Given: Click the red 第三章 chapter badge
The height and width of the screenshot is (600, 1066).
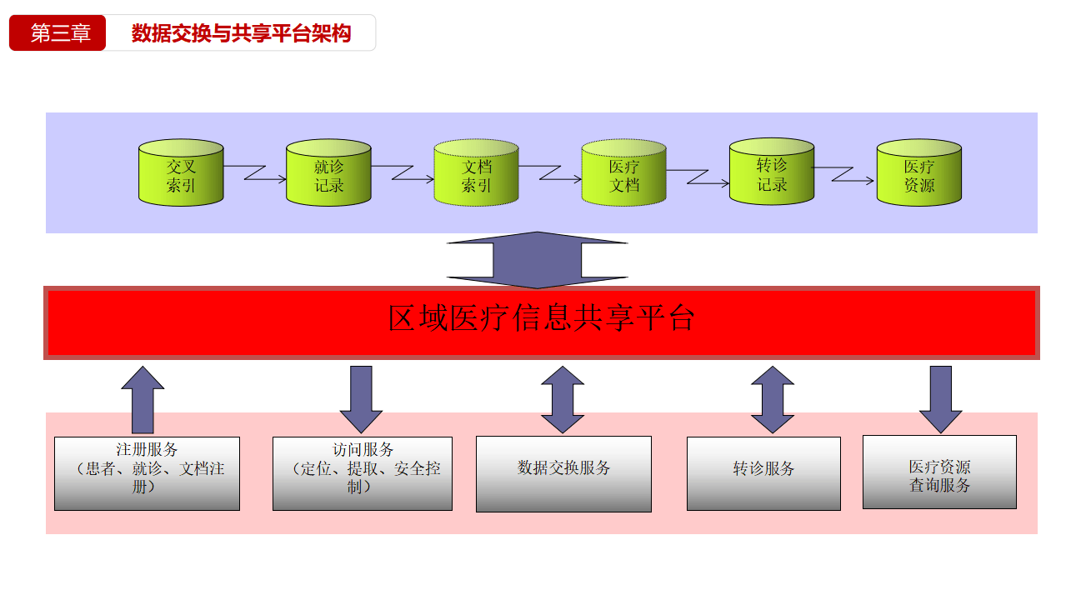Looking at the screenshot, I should (x=58, y=33).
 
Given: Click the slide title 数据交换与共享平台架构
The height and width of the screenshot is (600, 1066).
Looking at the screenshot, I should (x=241, y=33).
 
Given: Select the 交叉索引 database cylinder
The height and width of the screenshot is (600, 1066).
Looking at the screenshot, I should (x=181, y=173).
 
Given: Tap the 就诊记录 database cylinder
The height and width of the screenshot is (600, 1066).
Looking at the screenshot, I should (x=328, y=173).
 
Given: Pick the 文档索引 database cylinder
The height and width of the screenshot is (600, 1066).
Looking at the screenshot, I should (x=476, y=173).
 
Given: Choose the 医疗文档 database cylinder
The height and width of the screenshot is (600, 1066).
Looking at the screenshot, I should (x=623, y=173).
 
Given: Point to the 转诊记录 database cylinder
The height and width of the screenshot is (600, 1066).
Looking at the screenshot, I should (x=771, y=172).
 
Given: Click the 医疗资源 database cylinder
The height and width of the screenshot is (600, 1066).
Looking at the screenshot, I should (x=918, y=173).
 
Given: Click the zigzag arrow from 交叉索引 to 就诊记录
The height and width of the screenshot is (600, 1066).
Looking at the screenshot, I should (x=254, y=172).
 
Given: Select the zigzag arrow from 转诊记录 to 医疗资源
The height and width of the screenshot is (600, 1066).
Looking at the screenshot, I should (x=843, y=174).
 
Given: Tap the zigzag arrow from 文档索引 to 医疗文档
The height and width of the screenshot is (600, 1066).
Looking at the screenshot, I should (x=549, y=172).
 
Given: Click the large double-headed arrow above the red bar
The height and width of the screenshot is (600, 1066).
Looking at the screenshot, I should (x=538, y=260).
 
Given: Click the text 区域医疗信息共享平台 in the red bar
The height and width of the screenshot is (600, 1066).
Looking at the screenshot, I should (x=541, y=319).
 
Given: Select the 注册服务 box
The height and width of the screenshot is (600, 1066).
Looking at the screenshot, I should (x=147, y=472).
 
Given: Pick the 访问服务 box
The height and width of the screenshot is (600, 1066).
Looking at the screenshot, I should (x=363, y=472).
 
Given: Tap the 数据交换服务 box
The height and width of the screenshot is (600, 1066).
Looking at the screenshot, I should (x=563, y=473).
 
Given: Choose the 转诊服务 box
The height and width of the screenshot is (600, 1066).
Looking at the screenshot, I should (x=763, y=473).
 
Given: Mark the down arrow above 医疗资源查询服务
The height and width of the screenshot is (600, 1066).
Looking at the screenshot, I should (x=941, y=398).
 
